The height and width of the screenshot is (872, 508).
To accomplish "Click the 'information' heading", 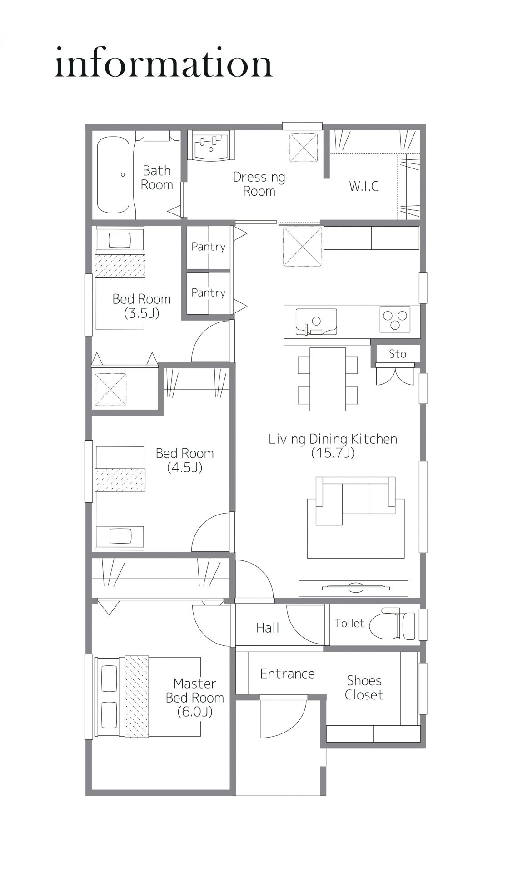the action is (164, 63).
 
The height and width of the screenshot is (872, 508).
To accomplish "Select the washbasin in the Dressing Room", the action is (211, 146).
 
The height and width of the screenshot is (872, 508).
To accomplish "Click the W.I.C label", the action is (364, 186).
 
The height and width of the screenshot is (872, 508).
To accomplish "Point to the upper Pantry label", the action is (208, 247).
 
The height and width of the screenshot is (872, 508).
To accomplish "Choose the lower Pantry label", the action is (208, 292).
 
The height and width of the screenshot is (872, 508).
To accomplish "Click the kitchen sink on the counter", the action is (316, 322).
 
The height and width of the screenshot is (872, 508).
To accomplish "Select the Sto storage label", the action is (398, 354).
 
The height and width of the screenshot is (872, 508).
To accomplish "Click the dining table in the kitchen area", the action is (328, 379).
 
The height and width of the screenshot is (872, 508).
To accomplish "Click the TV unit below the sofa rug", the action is (354, 588).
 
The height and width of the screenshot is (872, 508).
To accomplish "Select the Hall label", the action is (268, 628).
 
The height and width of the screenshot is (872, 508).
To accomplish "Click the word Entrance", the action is (287, 674).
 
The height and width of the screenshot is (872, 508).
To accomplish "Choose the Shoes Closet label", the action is (364, 688).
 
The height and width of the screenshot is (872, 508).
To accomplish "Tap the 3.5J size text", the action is (141, 313).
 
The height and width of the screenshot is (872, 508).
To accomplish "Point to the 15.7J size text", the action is (333, 453).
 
